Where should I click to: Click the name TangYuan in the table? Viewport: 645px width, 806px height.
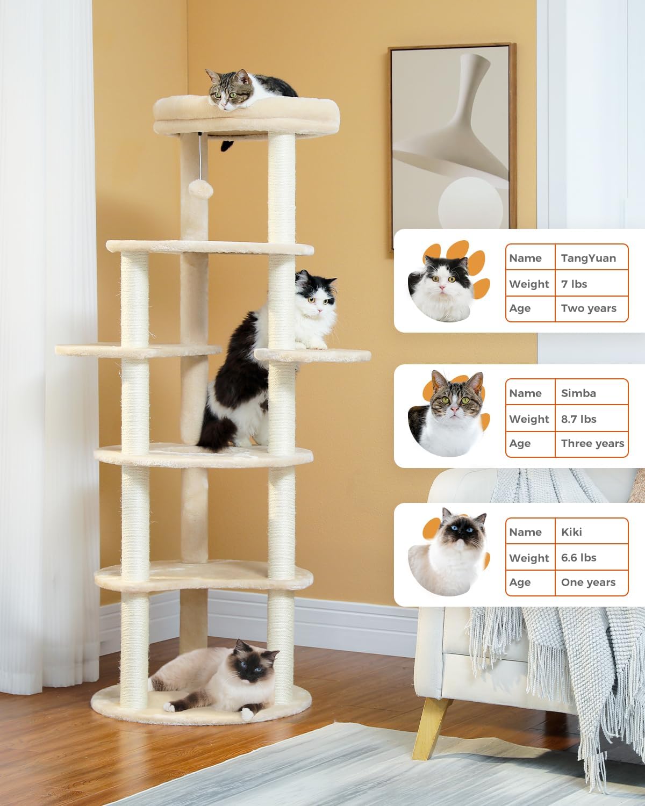[588, 258]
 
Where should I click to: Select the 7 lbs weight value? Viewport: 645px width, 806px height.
[574, 284]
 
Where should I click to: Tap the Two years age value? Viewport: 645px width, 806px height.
[588, 308]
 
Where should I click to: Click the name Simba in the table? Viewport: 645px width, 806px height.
[578, 393]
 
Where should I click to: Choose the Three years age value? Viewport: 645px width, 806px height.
[592, 443]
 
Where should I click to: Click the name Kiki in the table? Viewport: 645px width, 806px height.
[571, 532]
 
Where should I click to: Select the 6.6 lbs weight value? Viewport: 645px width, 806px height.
[578, 558]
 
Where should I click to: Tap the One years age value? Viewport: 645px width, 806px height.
[588, 582]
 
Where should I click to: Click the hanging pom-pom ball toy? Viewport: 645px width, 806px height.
[200, 188]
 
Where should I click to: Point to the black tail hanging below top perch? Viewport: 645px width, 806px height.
[227, 145]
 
